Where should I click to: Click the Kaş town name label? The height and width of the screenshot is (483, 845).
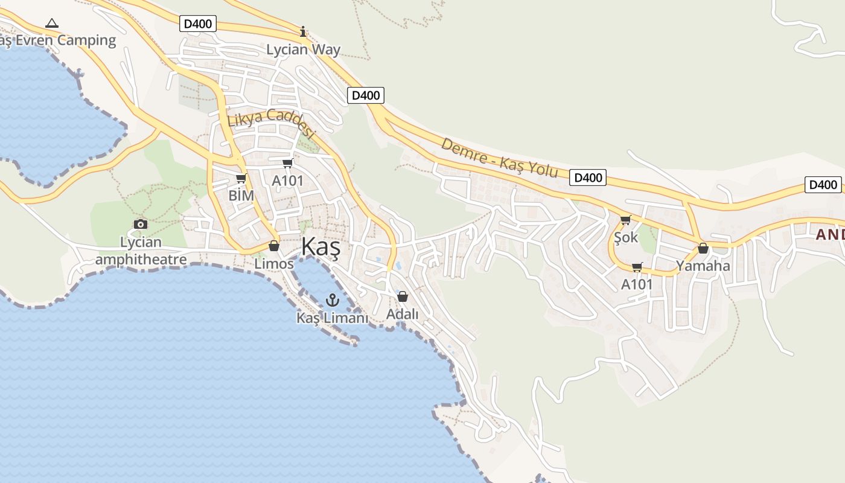(x=320, y=247)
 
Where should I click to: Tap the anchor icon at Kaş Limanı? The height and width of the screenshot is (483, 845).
(x=332, y=299)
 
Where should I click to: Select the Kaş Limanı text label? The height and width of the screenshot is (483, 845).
(x=332, y=318)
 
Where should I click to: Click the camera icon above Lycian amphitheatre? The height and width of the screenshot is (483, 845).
(x=141, y=225)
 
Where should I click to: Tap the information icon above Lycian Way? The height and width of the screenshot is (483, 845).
(x=303, y=31)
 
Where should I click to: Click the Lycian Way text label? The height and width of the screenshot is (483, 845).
(x=304, y=50)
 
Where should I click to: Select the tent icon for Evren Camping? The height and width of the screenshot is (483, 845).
(x=52, y=24)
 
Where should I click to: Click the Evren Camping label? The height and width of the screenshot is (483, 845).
(x=58, y=40)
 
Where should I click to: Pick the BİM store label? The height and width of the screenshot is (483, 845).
(x=241, y=196)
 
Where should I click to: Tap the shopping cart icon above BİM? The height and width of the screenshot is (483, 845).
(x=241, y=179)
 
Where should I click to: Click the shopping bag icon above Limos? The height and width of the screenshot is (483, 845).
(x=274, y=246)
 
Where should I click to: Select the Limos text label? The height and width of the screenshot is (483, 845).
(x=274, y=264)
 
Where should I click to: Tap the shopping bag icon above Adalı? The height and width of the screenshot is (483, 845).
(x=403, y=296)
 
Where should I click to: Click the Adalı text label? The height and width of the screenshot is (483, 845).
(x=403, y=315)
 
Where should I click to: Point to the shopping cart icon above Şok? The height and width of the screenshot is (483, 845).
(x=625, y=220)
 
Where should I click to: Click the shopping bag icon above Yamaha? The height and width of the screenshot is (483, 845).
(x=703, y=248)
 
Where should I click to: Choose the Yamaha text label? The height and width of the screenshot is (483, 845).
(x=703, y=266)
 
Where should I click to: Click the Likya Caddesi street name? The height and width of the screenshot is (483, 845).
(x=272, y=123)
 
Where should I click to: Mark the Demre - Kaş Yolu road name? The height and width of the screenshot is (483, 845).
(x=499, y=158)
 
